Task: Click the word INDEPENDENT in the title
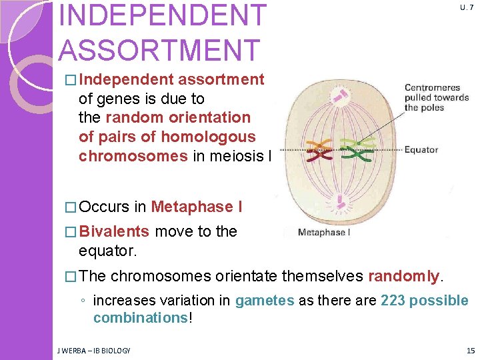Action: point(162,16)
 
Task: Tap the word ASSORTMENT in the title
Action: point(159,50)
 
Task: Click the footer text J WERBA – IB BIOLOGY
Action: point(93,351)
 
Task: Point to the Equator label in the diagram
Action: point(421,149)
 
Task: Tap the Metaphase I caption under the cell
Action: point(323,233)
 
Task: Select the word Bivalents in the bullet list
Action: point(114,231)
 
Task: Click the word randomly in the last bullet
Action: point(402,275)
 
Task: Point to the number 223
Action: point(393,301)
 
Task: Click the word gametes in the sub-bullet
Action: point(264,301)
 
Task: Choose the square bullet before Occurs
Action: point(71,207)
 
